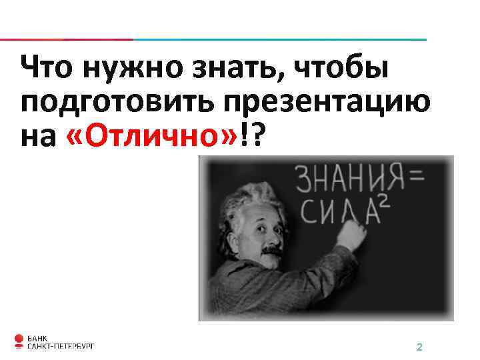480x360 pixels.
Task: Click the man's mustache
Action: click(269, 251)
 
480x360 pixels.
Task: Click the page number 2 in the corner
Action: click(419, 347)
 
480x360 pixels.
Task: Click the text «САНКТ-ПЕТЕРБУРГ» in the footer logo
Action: click(61, 346)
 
